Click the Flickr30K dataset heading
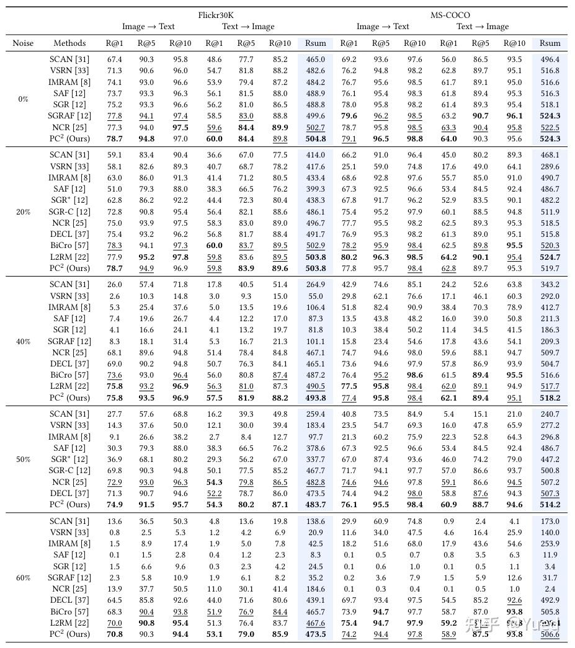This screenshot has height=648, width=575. (x=216, y=15)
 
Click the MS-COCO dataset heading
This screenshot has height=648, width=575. (x=450, y=15)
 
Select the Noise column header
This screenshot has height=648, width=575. (x=23, y=43)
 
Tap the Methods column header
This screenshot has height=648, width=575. (x=69, y=43)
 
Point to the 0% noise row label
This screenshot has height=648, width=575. (x=23, y=99)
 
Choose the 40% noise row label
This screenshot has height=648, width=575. (x=23, y=341)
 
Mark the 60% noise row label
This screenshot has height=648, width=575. (x=23, y=578)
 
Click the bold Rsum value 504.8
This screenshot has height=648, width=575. (x=316, y=139)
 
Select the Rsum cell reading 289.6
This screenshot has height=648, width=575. (x=550, y=167)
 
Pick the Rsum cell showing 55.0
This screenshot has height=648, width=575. (x=316, y=296)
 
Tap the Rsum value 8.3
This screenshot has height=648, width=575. (x=316, y=555)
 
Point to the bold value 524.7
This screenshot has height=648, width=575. (x=550, y=257)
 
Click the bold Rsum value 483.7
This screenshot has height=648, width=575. (x=316, y=505)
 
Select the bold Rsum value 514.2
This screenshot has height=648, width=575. (x=550, y=505)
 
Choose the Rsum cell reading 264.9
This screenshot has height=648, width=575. (x=316, y=285)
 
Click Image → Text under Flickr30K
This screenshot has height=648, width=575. (x=148, y=27)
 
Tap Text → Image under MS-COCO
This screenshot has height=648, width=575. (x=482, y=27)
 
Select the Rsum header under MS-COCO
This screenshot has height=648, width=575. (x=550, y=43)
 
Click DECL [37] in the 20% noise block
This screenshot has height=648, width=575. (x=69, y=234)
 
